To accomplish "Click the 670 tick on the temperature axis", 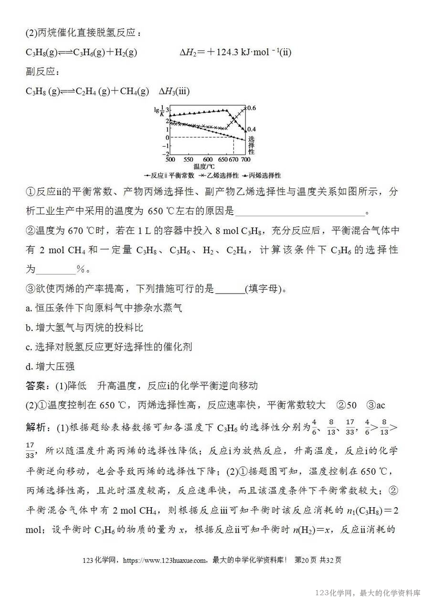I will coord(234,159).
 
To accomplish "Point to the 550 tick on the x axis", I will coord(188,159).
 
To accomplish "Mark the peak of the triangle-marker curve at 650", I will coord(226,110).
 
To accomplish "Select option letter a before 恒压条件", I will coord(29,308).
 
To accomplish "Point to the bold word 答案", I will coord(36,386).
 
